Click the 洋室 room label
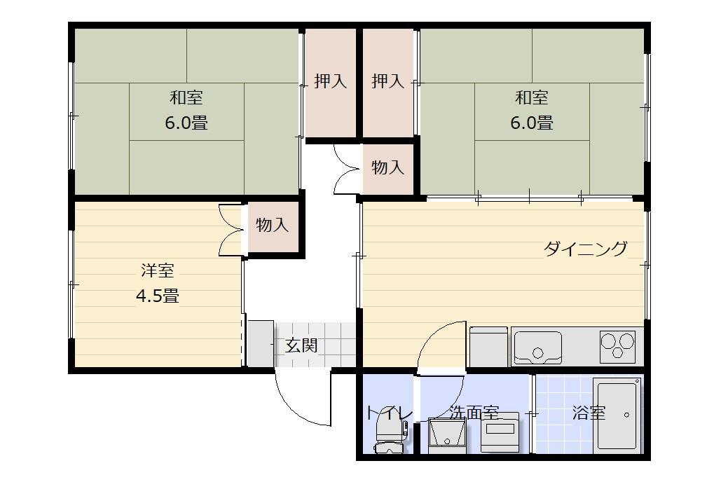(x=158, y=271)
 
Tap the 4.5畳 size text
(x=158, y=296)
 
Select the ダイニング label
(x=586, y=249)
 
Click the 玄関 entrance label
(x=301, y=346)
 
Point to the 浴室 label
(x=589, y=413)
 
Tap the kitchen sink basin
(x=537, y=347)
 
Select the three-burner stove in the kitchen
(x=617, y=346)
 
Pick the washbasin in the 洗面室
(x=447, y=436)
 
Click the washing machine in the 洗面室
(x=500, y=432)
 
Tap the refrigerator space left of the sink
(x=488, y=347)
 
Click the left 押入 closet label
(x=331, y=81)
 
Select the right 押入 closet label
(x=388, y=81)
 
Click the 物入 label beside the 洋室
(x=273, y=224)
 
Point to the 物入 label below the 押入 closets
(x=388, y=167)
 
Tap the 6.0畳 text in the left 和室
(x=186, y=123)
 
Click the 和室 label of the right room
(x=532, y=97)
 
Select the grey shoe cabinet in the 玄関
(x=261, y=344)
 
